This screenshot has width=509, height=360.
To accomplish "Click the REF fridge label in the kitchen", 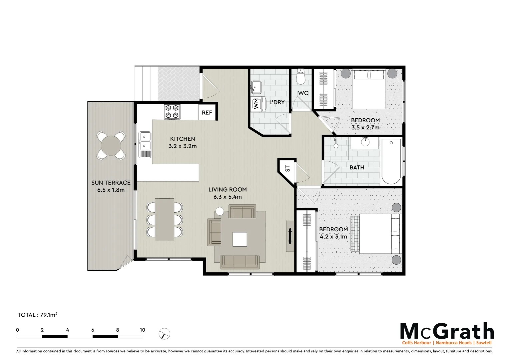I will click(207, 113).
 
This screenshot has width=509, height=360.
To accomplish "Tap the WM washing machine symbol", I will click(256, 104).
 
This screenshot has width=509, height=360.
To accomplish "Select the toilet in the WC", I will click(301, 77).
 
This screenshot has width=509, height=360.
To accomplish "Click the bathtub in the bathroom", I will click(391, 161).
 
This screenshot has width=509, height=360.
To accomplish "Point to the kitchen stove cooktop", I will click(172, 112).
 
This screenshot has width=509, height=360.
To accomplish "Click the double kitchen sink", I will click(145, 141).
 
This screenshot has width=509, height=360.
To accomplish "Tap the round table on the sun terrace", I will click(111, 145).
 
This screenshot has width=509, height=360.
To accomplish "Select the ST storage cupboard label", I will click(287, 168).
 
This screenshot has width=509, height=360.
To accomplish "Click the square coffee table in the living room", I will click(240, 239).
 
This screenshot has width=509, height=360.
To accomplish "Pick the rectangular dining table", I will click(165, 220).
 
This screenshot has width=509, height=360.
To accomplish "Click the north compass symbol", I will click(165, 334).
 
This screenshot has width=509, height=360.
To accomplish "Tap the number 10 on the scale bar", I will click(142, 330).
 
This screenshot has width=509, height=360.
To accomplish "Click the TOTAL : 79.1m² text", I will click(37, 315).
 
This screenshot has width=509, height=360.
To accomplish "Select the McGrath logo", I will click(447, 331).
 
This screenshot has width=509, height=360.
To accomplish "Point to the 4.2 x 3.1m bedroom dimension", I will click(333, 237).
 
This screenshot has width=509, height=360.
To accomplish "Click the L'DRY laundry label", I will click(277, 102).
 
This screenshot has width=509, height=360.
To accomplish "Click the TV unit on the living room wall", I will click(290, 236).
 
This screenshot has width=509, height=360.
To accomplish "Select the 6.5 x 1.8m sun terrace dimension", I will click(111, 190).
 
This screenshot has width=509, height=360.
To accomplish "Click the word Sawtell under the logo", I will click(484, 343).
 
